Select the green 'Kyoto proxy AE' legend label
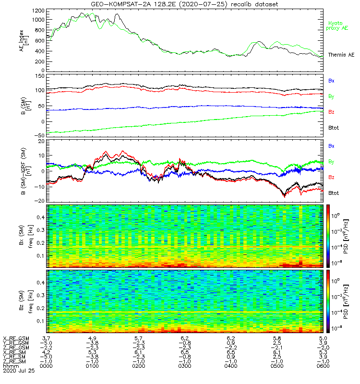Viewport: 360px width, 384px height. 338,25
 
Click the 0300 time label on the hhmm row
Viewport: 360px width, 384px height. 184,366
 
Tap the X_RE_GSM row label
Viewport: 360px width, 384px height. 16,339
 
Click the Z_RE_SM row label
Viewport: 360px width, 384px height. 15,361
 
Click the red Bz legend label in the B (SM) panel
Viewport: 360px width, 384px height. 331,112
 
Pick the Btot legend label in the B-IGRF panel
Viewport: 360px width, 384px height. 334,193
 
